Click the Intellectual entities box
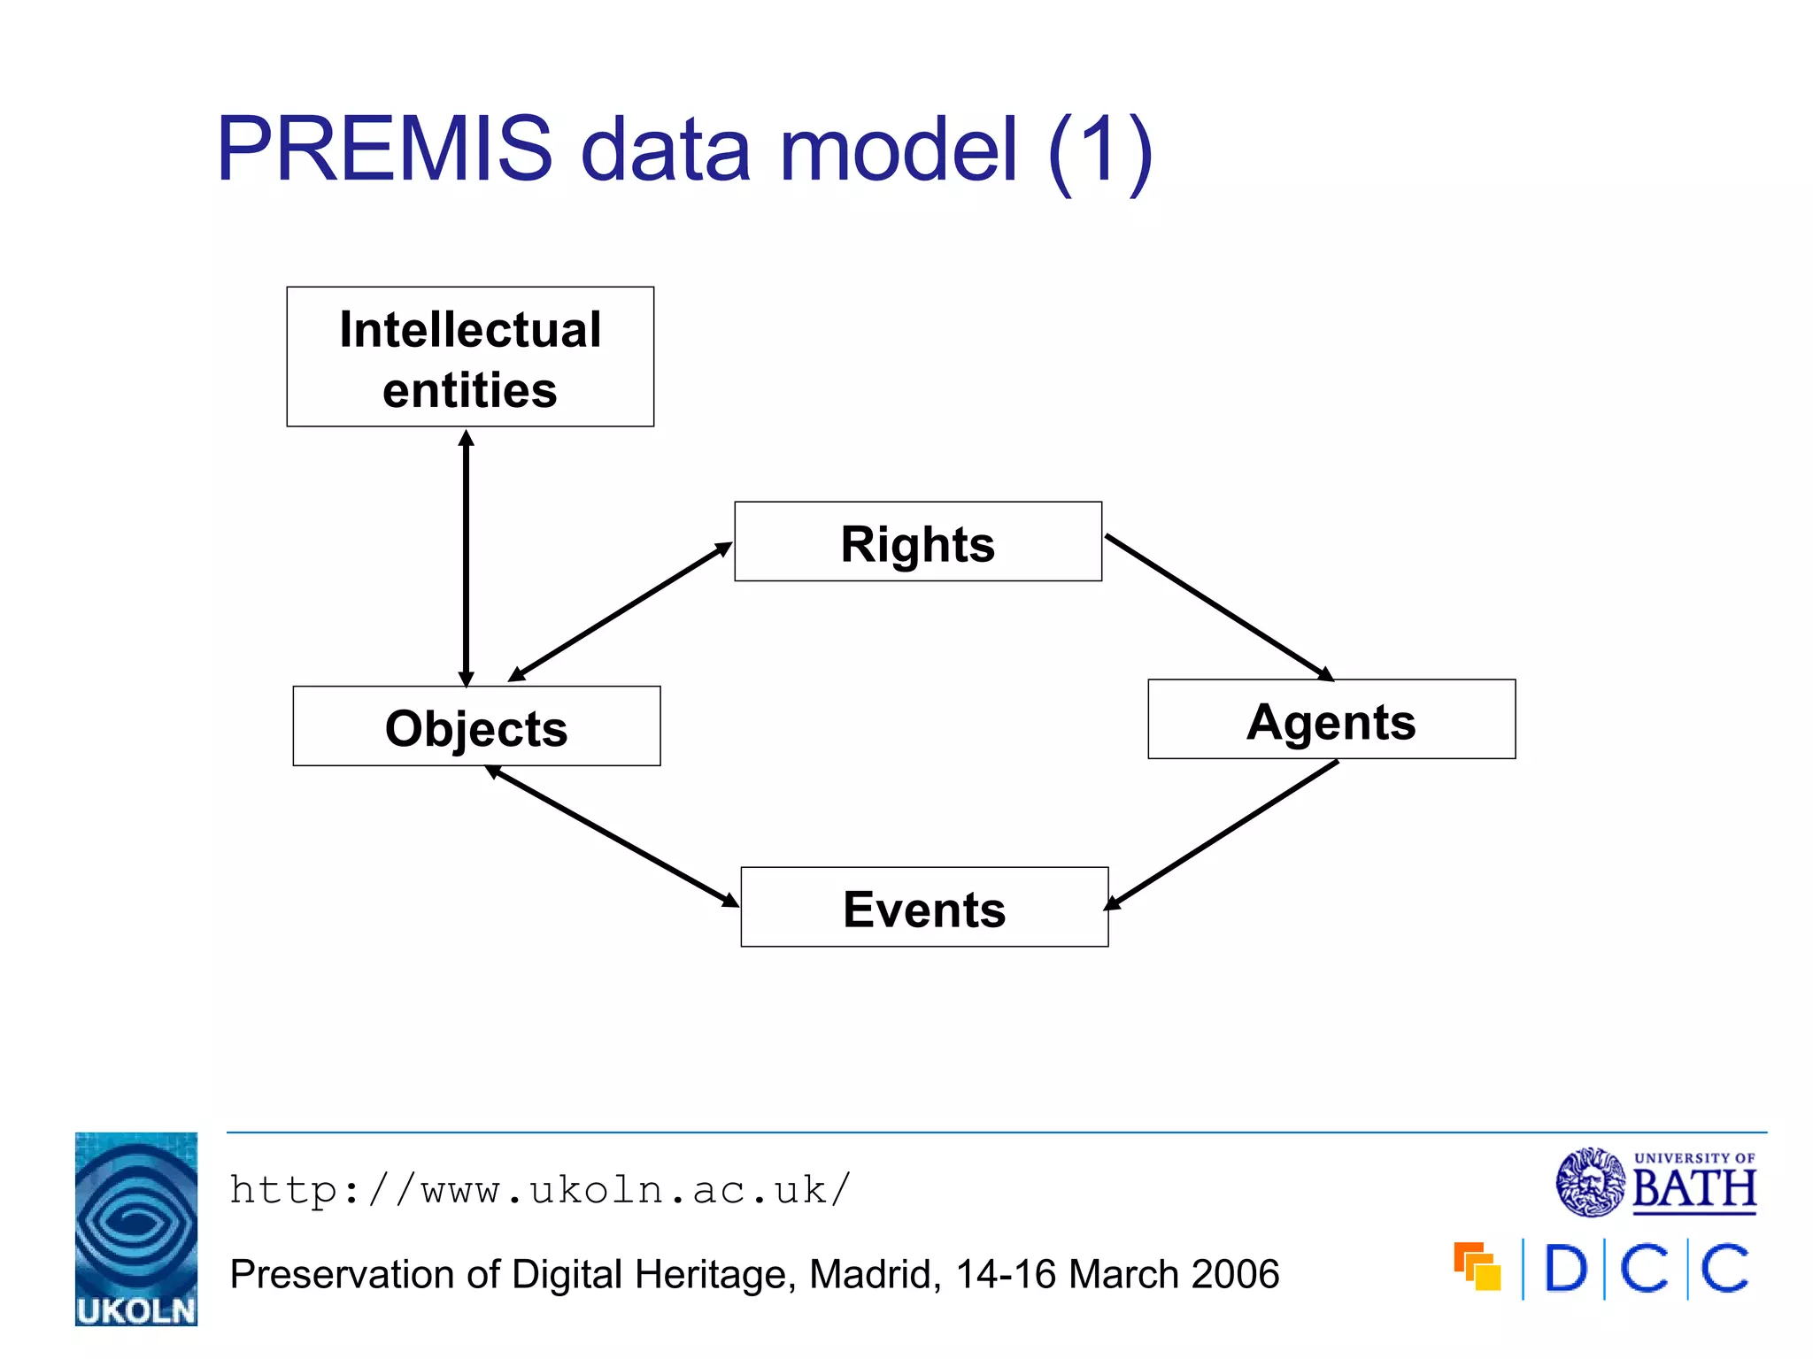pos(470,357)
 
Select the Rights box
pos(918,541)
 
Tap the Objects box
pos(476,726)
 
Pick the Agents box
pos(1331,719)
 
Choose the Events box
pos(924,907)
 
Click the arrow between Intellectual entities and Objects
pos(467,557)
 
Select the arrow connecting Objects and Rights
pos(620,612)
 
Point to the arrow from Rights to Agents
pos(1218,607)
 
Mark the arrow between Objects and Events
pos(613,836)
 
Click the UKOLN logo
pos(136,1228)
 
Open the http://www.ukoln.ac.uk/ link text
pos(540,1190)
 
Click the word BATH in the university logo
pos(1693,1189)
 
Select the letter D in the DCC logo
pos(1565,1270)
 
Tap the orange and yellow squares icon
pos(1477,1267)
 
